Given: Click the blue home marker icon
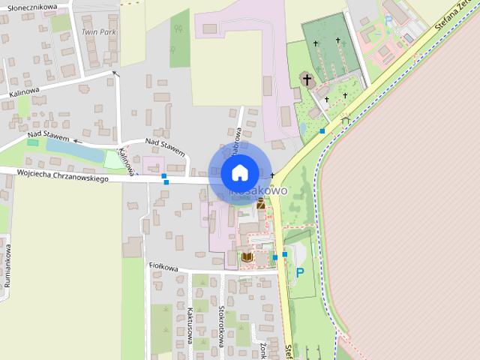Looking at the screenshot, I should click(239, 172).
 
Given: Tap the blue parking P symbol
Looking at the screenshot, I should click(300, 272).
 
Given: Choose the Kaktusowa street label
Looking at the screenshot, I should click(191, 326).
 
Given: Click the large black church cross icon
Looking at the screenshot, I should click(306, 78).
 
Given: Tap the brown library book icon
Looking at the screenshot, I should click(246, 257).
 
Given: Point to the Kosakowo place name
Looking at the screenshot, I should click(259, 191).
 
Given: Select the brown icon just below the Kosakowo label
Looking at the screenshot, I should click(260, 203).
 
